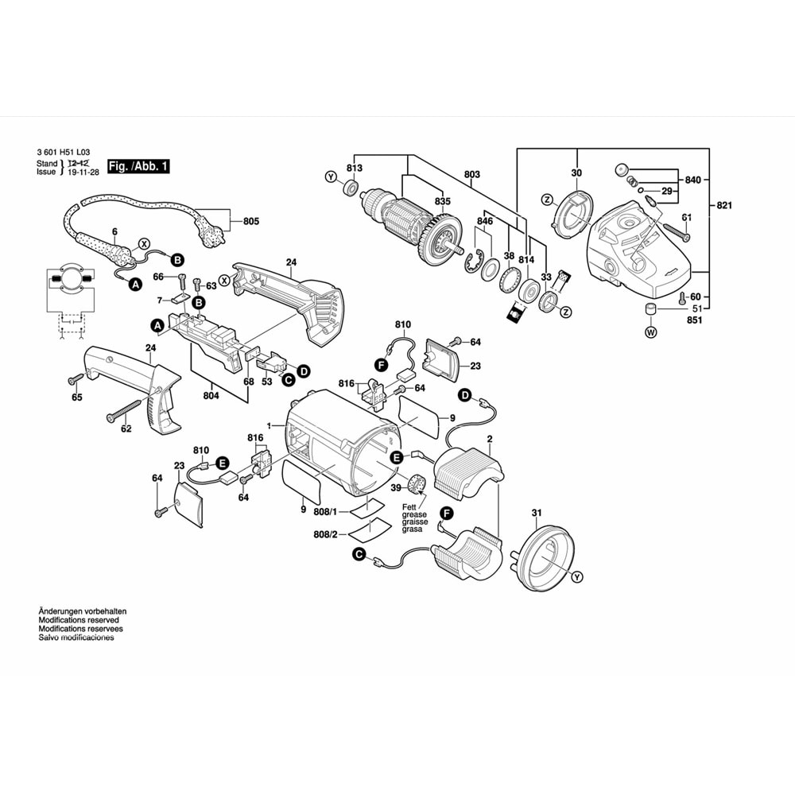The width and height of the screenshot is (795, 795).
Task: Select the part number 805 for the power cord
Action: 251,222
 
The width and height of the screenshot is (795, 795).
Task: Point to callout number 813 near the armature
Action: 354,168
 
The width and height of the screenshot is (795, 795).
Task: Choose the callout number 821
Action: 723,206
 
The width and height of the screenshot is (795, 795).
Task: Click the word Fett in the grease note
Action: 409,506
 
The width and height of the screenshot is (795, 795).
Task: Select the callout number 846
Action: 485,220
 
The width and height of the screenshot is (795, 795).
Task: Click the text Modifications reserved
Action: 79,620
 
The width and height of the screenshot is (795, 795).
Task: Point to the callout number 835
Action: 442,201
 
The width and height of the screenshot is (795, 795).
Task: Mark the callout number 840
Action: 692,180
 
